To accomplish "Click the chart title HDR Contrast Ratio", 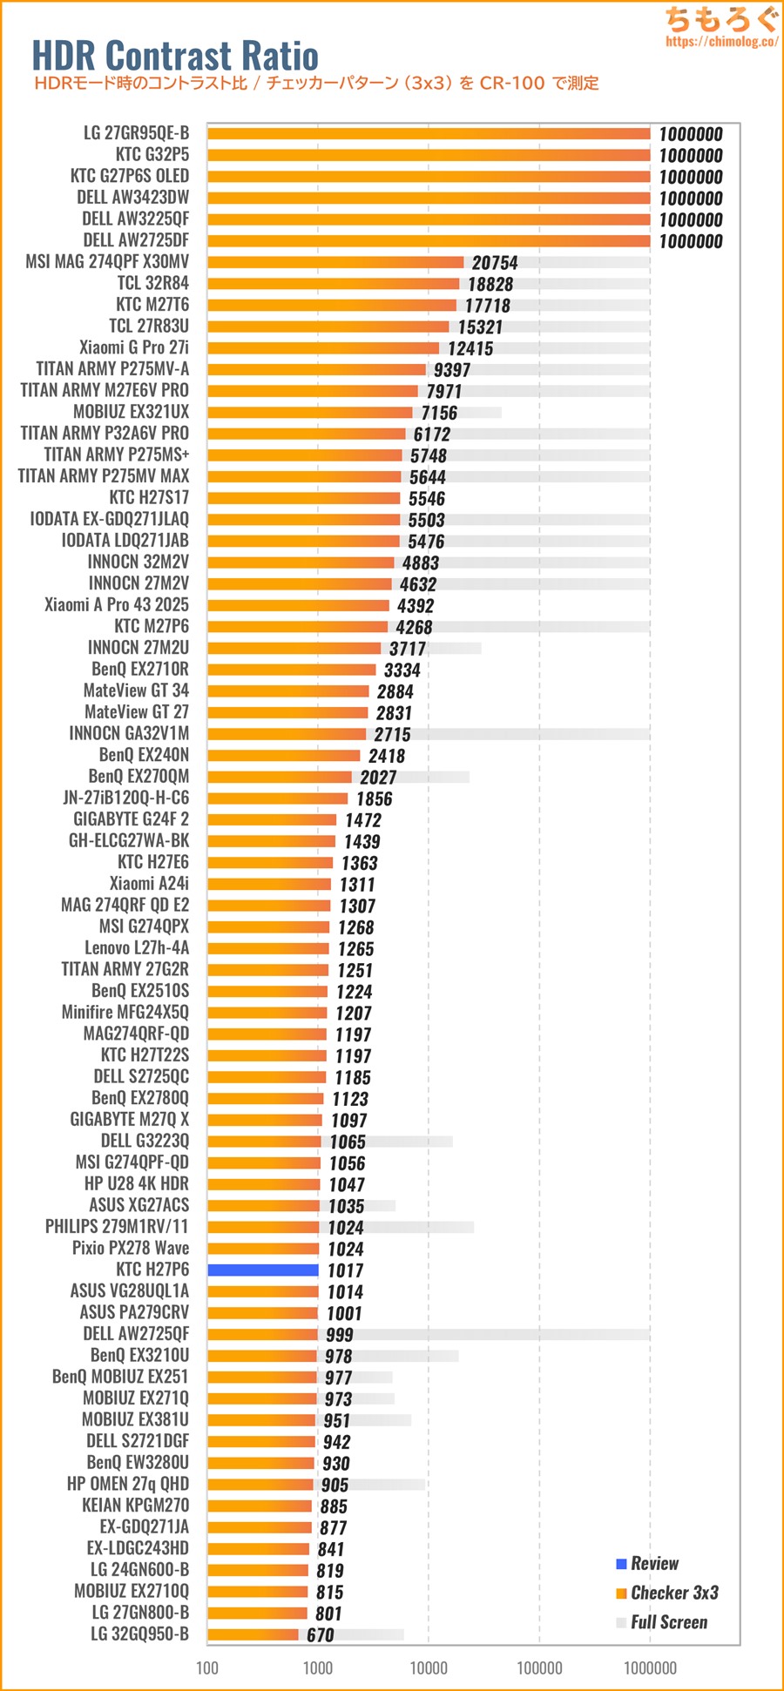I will click(175, 56).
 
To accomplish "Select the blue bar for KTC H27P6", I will click(263, 1270).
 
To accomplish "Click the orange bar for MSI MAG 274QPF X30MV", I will click(335, 262).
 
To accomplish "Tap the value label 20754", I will click(495, 263).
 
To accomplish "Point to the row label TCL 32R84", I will click(152, 283).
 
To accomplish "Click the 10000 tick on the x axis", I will click(429, 1667).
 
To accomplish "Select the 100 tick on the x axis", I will click(207, 1667).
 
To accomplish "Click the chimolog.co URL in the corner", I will click(721, 41).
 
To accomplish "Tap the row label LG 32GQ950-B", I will click(139, 1634).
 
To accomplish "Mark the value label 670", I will click(321, 1635).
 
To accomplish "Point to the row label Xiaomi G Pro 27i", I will click(133, 347).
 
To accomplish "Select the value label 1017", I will click(346, 1270).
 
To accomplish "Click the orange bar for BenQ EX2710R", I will click(292, 670).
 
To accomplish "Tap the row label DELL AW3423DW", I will click(132, 198).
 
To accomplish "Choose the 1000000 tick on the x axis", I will click(650, 1667).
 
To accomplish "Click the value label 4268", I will click(414, 627).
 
